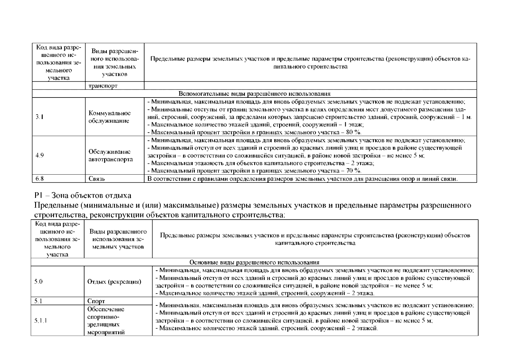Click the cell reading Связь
[x=97, y=179]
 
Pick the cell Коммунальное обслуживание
[x=110, y=117]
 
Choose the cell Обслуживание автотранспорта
[x=110, y=155]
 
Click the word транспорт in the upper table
[x=103, y=86]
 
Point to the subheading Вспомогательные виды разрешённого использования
[x=254, y=94]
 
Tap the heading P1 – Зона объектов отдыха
[x=83, y=196]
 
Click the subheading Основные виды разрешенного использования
[x=254, y=262]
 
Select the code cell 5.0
[x=39, y=282]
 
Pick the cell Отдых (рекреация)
[x=114, y=282]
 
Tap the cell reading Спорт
[x=96, y=301]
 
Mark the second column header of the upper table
[x=114, y=62]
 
